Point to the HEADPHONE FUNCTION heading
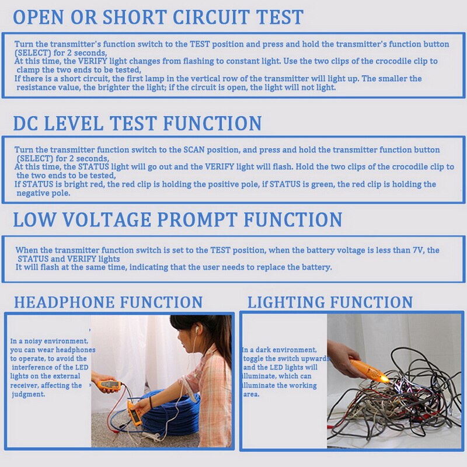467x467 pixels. point(108,302)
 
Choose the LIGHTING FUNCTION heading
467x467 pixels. point(330,302)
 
